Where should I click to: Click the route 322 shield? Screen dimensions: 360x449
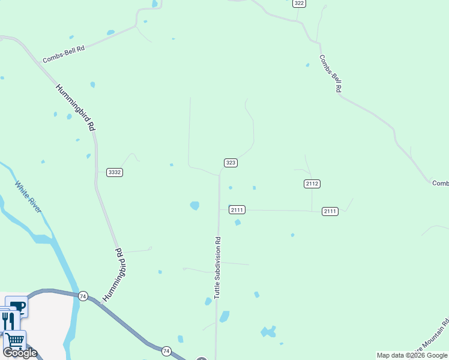point(300,4)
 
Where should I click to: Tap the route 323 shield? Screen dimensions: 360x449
point(231,163)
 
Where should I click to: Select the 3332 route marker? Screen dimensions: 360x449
point(115,172)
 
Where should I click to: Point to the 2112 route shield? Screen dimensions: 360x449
point(312,184)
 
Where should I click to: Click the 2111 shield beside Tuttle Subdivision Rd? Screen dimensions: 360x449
point(237,209)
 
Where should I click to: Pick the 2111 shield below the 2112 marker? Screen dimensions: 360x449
point(330,211)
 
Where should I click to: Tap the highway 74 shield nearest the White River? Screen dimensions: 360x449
point(83,296)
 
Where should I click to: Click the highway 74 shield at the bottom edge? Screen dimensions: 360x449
point(166,350)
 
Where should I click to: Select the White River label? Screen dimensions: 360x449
point(28,197)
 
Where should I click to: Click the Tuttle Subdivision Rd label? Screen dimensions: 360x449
point(218,268)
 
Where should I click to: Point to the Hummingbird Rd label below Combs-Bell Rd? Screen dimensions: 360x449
point(76,107)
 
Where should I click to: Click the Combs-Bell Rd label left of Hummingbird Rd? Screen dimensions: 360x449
point(63,53)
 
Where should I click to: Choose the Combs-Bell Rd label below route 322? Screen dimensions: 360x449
point(331,73)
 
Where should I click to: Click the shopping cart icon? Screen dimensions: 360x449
point(15,339)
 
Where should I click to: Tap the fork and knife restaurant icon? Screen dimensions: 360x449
point(7,320)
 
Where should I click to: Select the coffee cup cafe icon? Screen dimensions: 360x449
point(18,307)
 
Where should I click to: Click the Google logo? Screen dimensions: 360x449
point(20,353)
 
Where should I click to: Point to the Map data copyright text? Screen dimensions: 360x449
point(412,355)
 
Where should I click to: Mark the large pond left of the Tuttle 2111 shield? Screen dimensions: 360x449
point(194,205)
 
